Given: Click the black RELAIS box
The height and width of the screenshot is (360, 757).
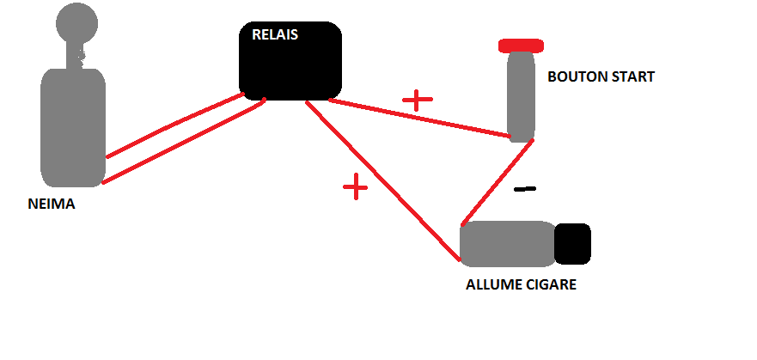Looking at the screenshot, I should click(x=290, y=65).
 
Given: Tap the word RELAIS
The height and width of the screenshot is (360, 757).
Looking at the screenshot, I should click(x=276, y=35).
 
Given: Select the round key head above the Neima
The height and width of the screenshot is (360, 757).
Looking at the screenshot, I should click(x=75, y=23).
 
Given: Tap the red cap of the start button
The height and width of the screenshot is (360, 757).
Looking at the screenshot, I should click(x=520, y=45).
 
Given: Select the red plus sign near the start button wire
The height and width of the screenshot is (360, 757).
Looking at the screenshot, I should click(x=418, y=100).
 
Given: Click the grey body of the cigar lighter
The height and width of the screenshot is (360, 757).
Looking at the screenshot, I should click(x=507, y=244).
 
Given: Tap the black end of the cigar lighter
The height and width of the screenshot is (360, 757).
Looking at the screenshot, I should click(x=572, y=244).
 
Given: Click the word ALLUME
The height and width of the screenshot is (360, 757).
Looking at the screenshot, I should click(x=492, y=284).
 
